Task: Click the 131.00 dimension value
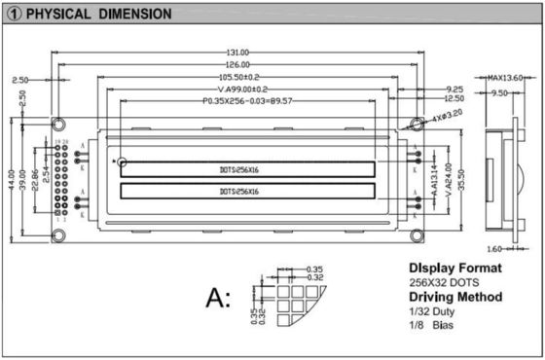238,52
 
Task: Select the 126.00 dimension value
238,64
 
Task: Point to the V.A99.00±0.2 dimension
244,89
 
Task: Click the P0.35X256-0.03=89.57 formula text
247,100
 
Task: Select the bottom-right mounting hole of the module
416,234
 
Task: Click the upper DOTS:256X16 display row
246,168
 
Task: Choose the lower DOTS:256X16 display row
246,192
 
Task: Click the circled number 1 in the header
15,15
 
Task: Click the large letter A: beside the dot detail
217,297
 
